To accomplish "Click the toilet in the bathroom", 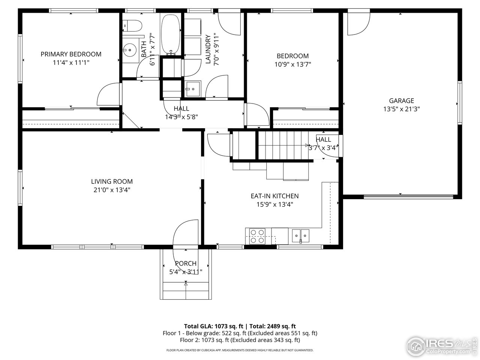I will (x=133, y=25).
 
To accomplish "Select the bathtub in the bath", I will (x=171, y=34).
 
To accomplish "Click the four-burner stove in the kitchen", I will (x=256, y=237).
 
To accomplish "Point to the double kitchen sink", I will (x=301, y=236).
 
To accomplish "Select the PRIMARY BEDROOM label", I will (x=71, y=54).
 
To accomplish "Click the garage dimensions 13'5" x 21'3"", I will (x=401, y=109).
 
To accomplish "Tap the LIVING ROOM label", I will (x=112, y=181).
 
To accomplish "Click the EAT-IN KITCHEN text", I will (x=274, y=196).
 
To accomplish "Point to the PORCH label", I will (x=186, y=264).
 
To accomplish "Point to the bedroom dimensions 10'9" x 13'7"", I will (x=292, y=64).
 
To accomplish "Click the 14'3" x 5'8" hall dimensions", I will (x=181, y=117).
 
